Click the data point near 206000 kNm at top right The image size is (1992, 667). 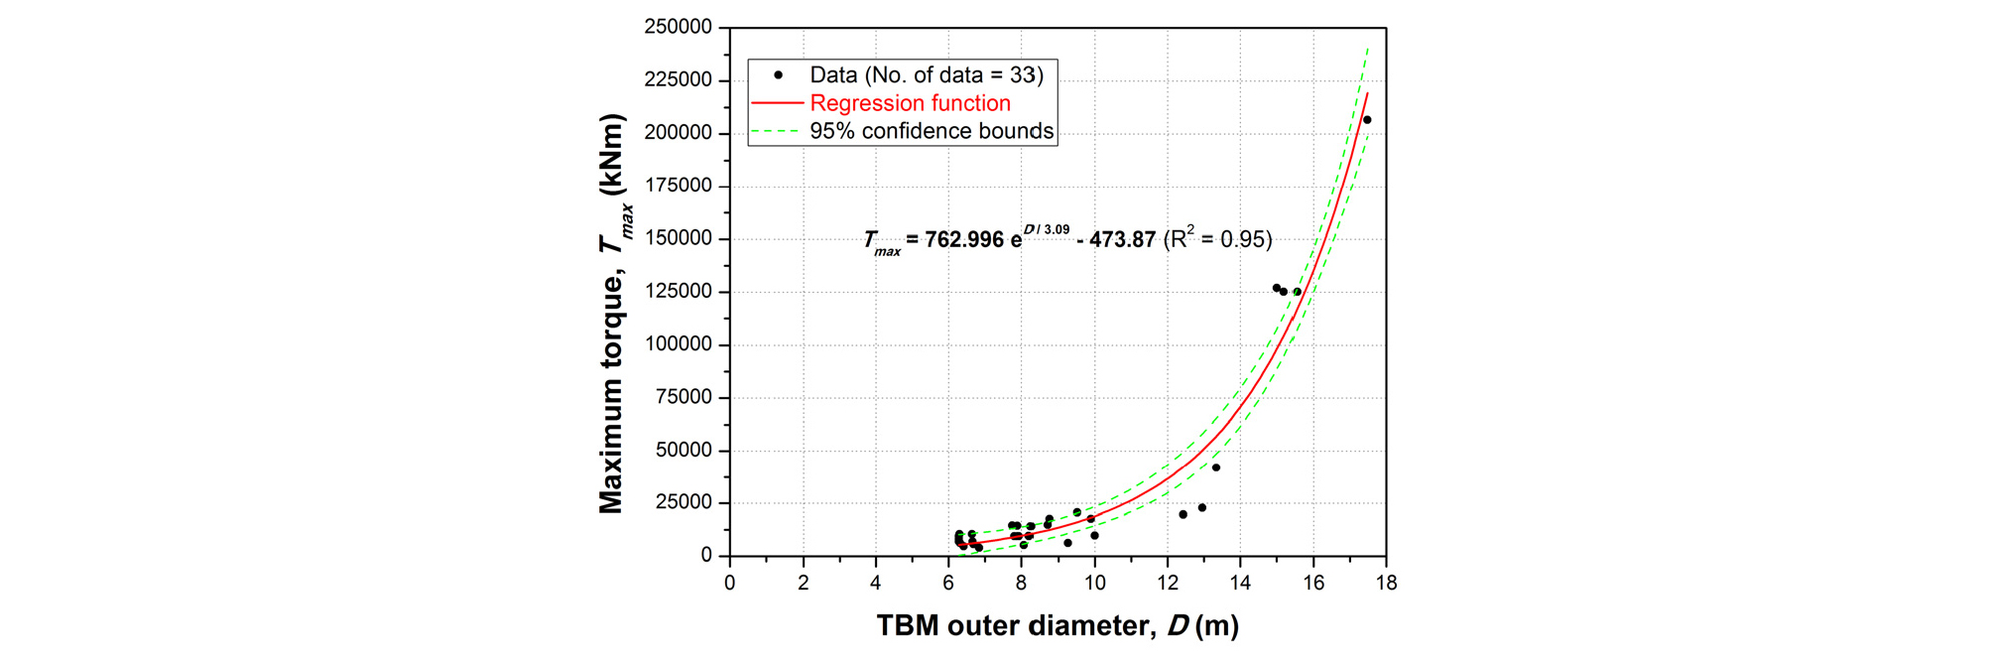1367,120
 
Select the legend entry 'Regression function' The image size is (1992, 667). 910,103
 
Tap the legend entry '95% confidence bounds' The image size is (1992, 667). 932,131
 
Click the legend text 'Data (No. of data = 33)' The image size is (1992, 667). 927,75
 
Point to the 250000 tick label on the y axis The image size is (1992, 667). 679,28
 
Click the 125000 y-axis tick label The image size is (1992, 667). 679,292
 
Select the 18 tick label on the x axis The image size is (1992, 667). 1386,583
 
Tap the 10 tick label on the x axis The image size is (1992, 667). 1094,583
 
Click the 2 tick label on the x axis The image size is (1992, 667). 803,583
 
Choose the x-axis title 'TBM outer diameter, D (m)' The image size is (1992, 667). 1058,625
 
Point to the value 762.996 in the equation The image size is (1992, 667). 964,240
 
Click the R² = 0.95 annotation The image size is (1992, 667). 1217,239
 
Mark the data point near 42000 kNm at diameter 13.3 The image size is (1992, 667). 1216,467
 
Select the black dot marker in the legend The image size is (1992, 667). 779,75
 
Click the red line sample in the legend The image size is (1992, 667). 777,103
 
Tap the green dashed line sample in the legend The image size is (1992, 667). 777,131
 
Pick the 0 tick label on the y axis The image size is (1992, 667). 706,556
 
